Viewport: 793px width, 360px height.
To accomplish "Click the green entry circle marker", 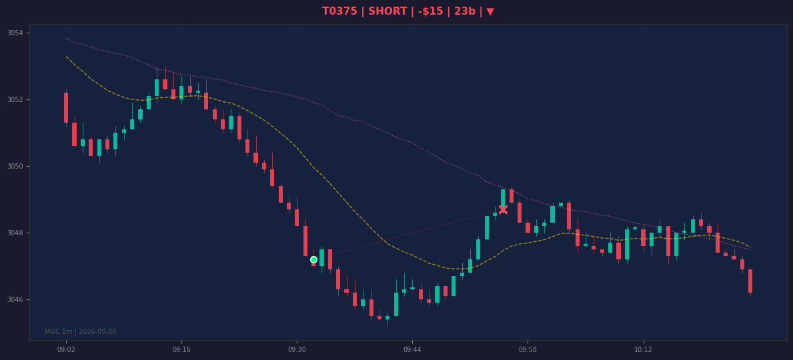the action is click(x=313, y=260).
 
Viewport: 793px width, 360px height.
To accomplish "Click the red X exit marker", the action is click(x=503, y=209).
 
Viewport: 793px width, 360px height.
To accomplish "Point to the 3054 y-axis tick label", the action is click(x=15, y=33).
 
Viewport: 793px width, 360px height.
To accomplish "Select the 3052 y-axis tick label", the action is click(x=15, y=99).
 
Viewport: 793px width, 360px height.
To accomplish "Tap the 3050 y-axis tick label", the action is click(x=15, y=167).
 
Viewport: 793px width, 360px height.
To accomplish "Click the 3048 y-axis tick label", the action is click(x=15, y=233).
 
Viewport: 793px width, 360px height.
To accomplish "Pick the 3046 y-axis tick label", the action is click(x=15, y=300).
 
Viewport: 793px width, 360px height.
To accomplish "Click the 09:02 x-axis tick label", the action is click(x=66, y=349).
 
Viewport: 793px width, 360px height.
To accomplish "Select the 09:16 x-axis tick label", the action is click(x=181, y=349).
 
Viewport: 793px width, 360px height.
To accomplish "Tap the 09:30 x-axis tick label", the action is click(x=297, y=349).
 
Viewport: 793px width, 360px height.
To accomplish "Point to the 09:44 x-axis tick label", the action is click(x=412, y=349).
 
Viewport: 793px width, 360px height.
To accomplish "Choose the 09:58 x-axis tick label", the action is click(x=528, y=349).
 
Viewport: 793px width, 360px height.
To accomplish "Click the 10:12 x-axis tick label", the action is click(x=643, y=349).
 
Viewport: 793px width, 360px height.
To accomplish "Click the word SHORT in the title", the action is click(x=386, y=11).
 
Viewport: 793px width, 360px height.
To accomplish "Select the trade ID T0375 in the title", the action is click(x=339, y=11).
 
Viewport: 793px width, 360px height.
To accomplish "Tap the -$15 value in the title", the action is click(x=430, y=11).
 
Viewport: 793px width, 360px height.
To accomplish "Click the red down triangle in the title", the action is click(x=490, y=11).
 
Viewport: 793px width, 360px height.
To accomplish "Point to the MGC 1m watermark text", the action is click(x=81, y=332).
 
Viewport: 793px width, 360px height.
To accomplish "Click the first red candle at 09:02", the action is click(x=66, y=108).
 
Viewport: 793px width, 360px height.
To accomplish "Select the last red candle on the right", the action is click(x=750, y=281).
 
